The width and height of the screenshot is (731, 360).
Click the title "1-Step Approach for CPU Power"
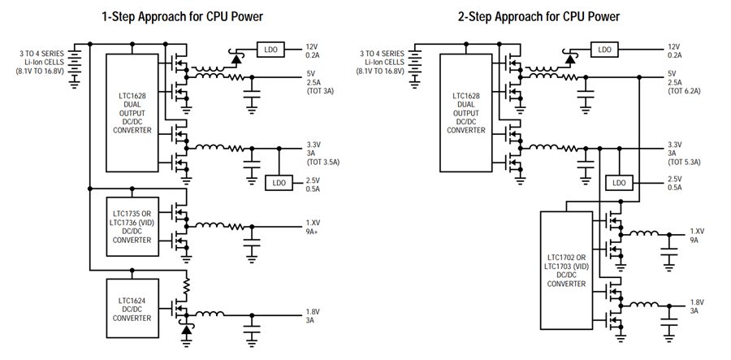click(182, 17)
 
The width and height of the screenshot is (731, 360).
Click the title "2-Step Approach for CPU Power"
click(539, 17)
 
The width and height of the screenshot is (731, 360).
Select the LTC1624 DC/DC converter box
click(132, 308)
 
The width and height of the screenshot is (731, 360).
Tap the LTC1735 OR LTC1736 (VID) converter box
click(132, 227)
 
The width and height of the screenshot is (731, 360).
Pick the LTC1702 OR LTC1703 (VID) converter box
click(566, 270)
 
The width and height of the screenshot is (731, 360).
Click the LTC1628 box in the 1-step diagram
click(132, 113)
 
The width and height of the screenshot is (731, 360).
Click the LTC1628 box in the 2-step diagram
click(466, 113)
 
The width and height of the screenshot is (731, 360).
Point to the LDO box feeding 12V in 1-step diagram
click(270, 49)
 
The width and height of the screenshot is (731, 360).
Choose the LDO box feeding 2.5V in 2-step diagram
click(619, 183)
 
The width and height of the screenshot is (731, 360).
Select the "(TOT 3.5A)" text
click(322, 163)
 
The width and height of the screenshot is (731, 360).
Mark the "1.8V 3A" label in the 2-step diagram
click(697, 306)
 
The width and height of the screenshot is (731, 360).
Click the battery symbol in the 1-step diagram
click(74, 68)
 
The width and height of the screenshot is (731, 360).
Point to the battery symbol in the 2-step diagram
click(414, 68)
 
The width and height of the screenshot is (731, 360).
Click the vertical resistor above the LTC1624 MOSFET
click(187, 285)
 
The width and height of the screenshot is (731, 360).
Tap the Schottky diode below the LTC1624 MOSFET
click(187, 329)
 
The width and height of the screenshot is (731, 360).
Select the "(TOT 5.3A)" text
click(684, 163)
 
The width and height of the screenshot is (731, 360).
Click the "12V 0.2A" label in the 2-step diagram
click(674, 51)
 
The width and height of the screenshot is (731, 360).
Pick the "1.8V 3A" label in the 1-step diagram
click(313, 315)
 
